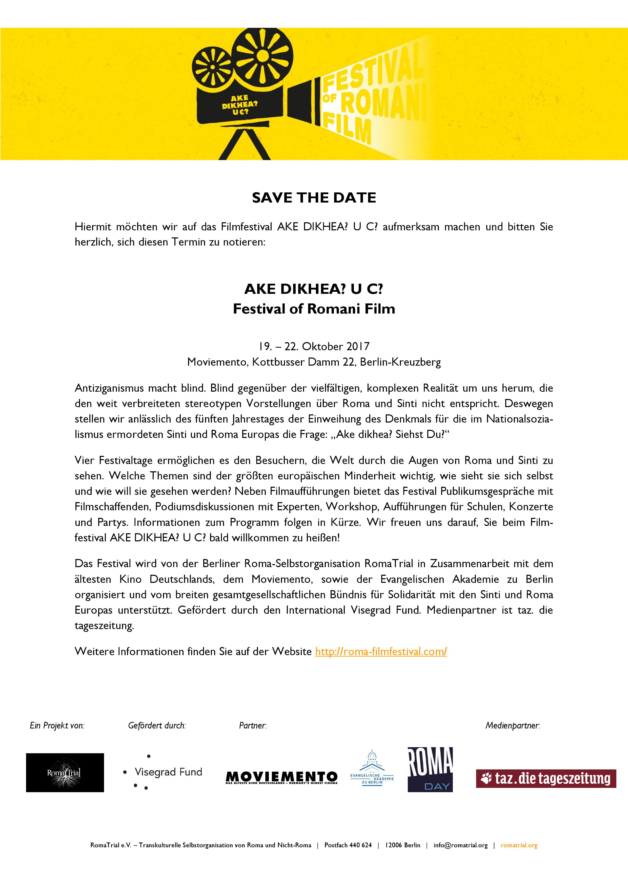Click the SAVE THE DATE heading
[x=314, y=198]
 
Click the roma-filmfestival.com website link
[x=381, y=652]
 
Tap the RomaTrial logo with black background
[x=65, y=773]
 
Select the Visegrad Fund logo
[x=164, y=772]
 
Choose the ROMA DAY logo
[x=430, y=770]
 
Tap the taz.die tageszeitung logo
[x=546, y=779]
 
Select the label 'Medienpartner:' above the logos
[x=512, y=725]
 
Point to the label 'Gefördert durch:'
[x=157, y=725]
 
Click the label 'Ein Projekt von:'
[x=57, y=725]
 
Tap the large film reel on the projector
[x=262, y=54]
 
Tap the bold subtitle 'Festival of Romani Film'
[x=314, y=309]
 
